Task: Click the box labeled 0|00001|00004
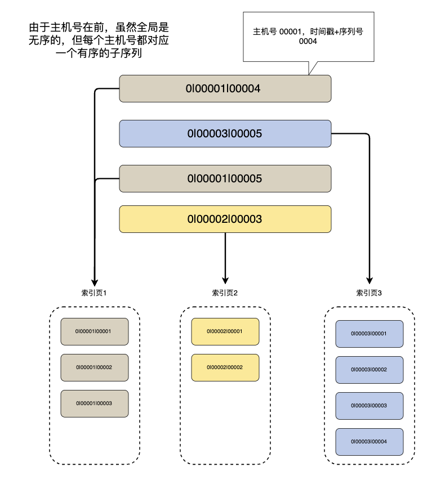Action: coord(225,88)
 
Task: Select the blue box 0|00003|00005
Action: coord(225,134)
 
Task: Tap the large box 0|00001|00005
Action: coord(225,178)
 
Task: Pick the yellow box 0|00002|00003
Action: coord(225,219)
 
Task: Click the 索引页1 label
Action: coord(94,293)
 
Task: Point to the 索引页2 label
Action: coord(225,293)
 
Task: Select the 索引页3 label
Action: coord(369,293)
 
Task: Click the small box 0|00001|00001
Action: coord(94,331)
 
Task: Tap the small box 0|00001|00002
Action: coord(94,367)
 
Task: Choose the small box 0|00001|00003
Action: coord(94,403)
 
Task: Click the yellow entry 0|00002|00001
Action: coord(225,331)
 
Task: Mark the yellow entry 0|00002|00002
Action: coord(225,367)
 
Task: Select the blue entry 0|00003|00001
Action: coord(369,334)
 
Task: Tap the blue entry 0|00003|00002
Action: coord(369,370)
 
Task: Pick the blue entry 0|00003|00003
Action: coord(369,406)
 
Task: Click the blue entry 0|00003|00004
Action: coord(369,442)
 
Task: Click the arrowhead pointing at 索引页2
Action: coord(225,280)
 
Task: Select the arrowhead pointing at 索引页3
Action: coord(370,280)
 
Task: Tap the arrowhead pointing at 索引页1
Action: coord(95,280)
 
